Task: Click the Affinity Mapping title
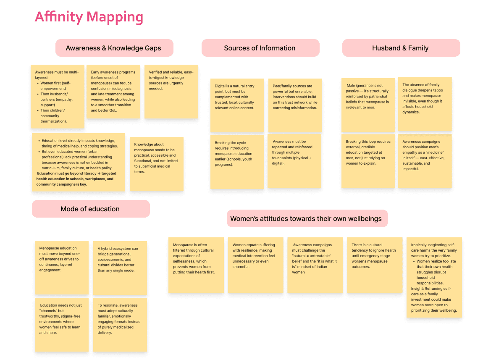pos(89,17)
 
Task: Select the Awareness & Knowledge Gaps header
pos(113,48)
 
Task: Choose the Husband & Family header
pos(400,48)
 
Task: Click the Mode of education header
pos(90,209)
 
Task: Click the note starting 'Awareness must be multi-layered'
pos(58,97)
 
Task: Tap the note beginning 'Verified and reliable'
pos(171,91)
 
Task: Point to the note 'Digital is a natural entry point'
pos(237,105)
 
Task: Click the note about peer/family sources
pos(295,105)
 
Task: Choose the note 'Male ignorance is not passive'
pos(368,105)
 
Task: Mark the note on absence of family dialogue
pos(425,104)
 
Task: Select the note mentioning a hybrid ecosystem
pos(120,268)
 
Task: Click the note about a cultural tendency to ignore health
pos(374,265)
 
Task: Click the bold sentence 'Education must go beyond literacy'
pos(76,179)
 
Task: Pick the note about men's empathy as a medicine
pos(425,160)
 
